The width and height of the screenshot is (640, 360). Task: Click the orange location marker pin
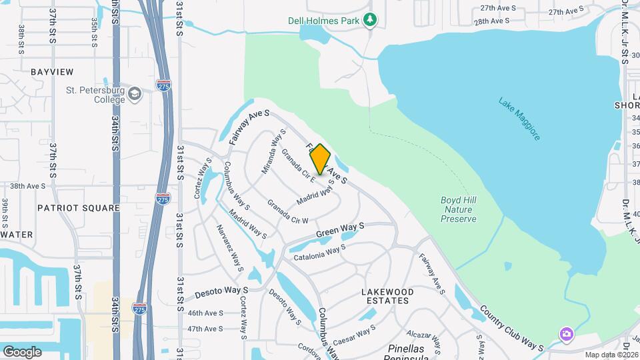[x=320, y=159]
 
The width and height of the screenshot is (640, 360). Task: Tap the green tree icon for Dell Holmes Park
[x=370, y=21]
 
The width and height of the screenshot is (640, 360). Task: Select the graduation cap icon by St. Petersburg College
[x=135, y=93]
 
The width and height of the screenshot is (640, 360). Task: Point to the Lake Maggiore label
[x=519, y=119]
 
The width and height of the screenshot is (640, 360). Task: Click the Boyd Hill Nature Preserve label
[x=459, y=209]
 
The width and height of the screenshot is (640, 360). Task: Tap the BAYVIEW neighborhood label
[x=51, y=71]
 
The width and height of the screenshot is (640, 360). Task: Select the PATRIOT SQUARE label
[x=79, y=208]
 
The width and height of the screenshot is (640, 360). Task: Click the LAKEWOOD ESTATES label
[x=387, y=296]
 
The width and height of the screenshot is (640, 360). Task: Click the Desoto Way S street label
[x=221, y=291]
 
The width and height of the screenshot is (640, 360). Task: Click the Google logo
[x=22, y=351]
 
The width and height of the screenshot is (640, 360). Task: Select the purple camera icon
[x=566, y=333]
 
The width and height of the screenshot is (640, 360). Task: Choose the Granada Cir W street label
[x=288, y=211]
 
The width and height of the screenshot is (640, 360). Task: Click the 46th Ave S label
[x=205, y=313]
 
